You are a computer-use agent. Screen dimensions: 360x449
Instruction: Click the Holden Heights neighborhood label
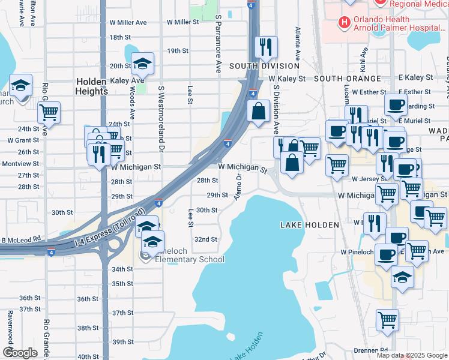pos(91,86)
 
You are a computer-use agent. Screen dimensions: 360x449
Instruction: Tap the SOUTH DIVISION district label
pos(264,66)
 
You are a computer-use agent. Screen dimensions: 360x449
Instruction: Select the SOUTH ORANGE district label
pos(347,79)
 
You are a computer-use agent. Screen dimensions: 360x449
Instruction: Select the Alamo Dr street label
pos(238,187)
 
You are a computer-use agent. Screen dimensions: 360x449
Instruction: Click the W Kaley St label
pos(287,79)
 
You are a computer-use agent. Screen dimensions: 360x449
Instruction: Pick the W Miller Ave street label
pos(129,22)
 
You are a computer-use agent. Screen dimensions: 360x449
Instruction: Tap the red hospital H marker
pos(344,23)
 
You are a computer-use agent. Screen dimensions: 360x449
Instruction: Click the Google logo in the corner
pos(20,353)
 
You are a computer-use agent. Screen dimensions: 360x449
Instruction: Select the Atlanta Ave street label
pos(297,41)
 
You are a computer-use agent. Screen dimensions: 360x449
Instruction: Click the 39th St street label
pos(122,341)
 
